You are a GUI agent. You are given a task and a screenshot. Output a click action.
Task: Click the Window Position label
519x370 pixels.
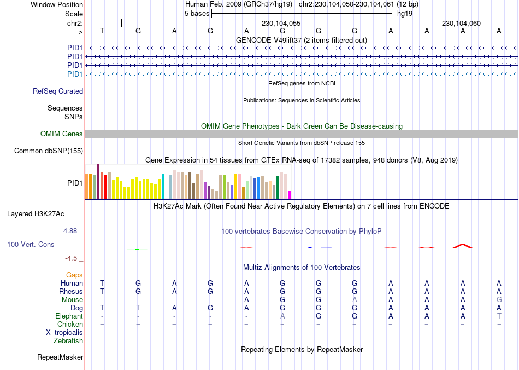[x=57, y=4]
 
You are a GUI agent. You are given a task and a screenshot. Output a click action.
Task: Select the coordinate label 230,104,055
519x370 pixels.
[x=281, y=24]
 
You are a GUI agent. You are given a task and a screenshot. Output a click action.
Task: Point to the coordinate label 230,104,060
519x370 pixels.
[x=461, y=24]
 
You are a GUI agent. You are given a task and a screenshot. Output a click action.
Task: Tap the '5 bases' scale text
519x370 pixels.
[x=197, y=14]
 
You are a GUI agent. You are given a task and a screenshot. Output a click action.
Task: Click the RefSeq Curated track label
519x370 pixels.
[x=58, y=91]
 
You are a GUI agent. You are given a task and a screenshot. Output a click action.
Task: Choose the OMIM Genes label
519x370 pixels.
[x=62, y=134]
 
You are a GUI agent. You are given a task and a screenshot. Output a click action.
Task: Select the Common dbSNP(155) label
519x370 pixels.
[x=49, y=151]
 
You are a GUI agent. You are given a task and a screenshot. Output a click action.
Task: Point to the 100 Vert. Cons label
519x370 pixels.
[x=31, y=244]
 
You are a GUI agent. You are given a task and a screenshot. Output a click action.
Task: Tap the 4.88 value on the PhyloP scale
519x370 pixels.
[x=71, y=231]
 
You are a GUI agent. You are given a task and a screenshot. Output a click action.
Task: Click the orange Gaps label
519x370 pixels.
[x=74, y=275]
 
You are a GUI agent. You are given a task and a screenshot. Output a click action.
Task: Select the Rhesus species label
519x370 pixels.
[x=71, y=292]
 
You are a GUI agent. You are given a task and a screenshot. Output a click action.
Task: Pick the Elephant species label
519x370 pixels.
[x=69, y=316]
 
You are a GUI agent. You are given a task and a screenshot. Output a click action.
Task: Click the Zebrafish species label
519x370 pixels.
[x=68, y=341]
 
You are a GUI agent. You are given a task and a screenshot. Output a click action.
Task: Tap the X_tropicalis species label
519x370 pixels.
[x=64, y=333]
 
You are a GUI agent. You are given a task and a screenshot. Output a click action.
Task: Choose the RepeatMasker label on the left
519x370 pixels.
[x=60, y=357]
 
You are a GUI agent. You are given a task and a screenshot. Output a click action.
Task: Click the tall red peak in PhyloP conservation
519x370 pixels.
[x=462, y=246]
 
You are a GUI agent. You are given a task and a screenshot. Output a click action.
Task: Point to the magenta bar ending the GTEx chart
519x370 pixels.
[x=290, y=195]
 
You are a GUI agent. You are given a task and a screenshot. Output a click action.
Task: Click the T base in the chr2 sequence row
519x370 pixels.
[x=102, y=31]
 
